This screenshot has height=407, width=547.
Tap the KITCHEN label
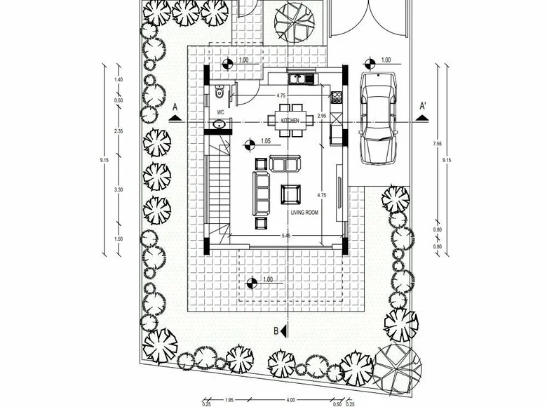coord(290,121)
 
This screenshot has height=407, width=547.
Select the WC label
coord(220,112)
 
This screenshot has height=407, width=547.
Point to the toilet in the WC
coord(220,91)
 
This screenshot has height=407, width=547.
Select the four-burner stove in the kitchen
coord(336,98)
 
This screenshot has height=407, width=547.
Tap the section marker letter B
coord(276,331)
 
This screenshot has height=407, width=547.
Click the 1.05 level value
coord(265,141)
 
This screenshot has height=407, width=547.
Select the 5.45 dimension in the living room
coord(285,235)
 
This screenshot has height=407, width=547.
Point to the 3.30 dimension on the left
coord(118,189)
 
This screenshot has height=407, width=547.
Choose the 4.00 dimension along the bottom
coord(291,401)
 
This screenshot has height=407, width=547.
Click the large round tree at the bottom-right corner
coord(397,367)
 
